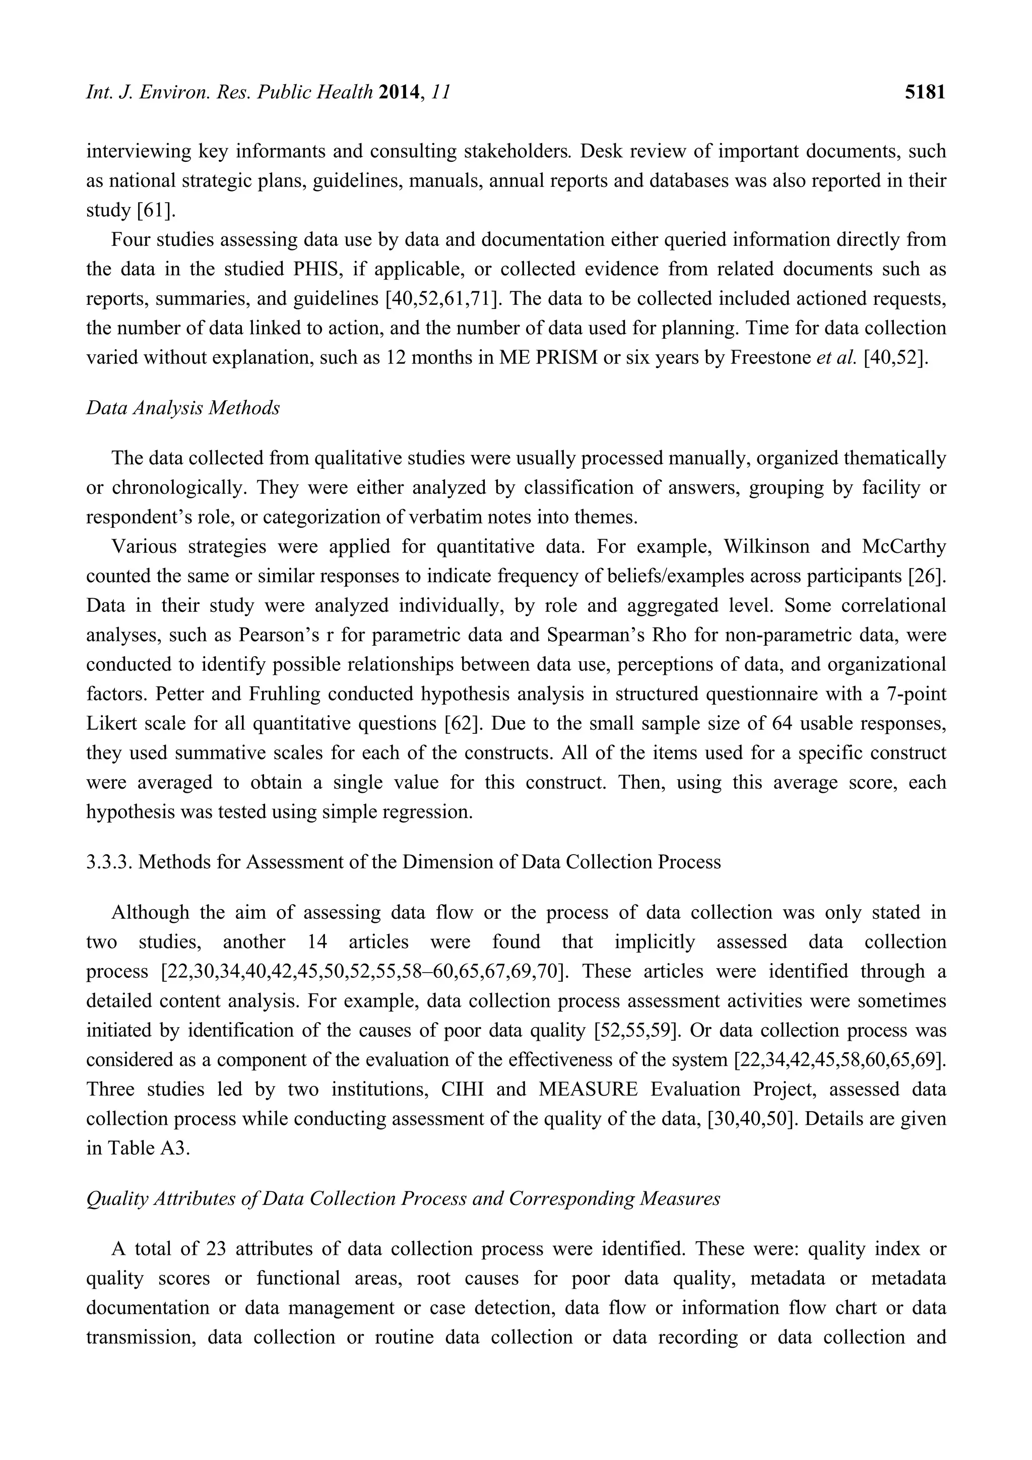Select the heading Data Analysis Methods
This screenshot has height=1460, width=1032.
[x=182, y=408]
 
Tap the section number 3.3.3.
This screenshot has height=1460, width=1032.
[x=109, y=862]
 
